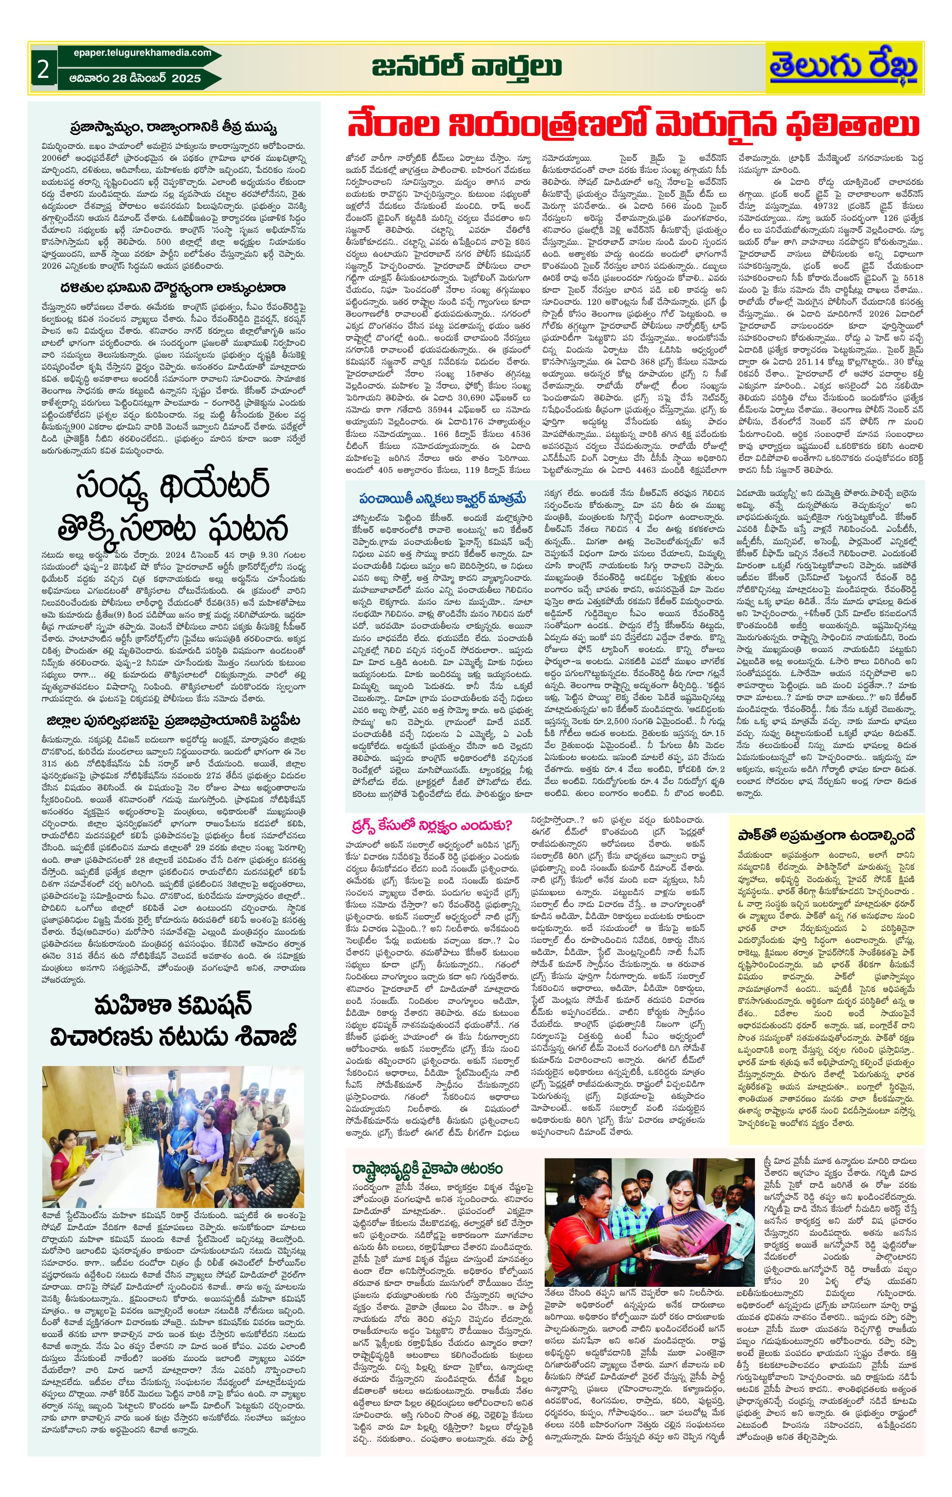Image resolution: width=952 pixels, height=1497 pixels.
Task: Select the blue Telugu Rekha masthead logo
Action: (843, 68)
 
